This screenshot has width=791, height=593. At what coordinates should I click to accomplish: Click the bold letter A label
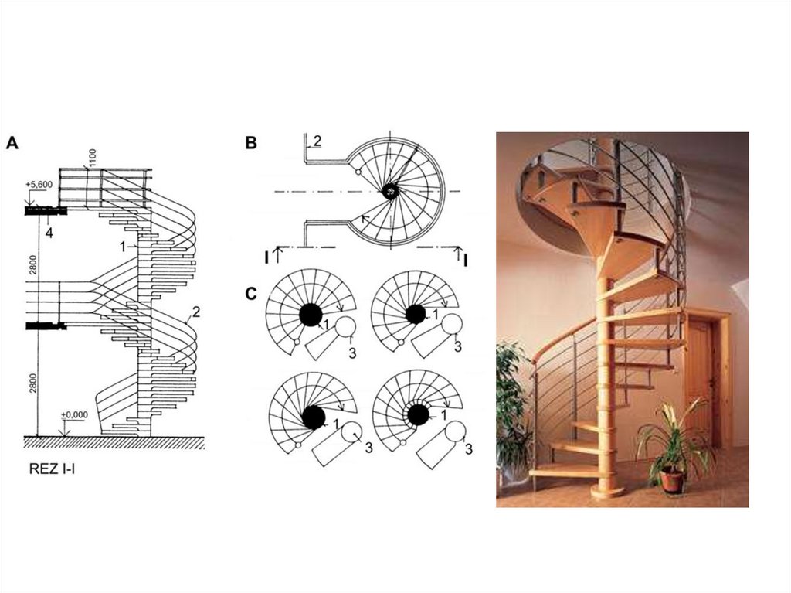[x=12, y=142]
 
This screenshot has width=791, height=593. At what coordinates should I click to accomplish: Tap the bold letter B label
[x=251, y=142]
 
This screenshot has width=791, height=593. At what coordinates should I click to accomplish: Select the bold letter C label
[x=251, y=294]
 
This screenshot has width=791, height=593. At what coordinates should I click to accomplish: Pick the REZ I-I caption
[x=51, y=467]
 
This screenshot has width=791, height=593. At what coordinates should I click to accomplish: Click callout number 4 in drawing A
[x=48, y=232]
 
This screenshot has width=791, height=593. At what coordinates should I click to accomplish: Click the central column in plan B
[x=391, y=190]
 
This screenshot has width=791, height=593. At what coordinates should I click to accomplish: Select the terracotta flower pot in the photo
[x=671, y=480]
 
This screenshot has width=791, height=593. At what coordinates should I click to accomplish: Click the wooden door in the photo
[x=699, y=379]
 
